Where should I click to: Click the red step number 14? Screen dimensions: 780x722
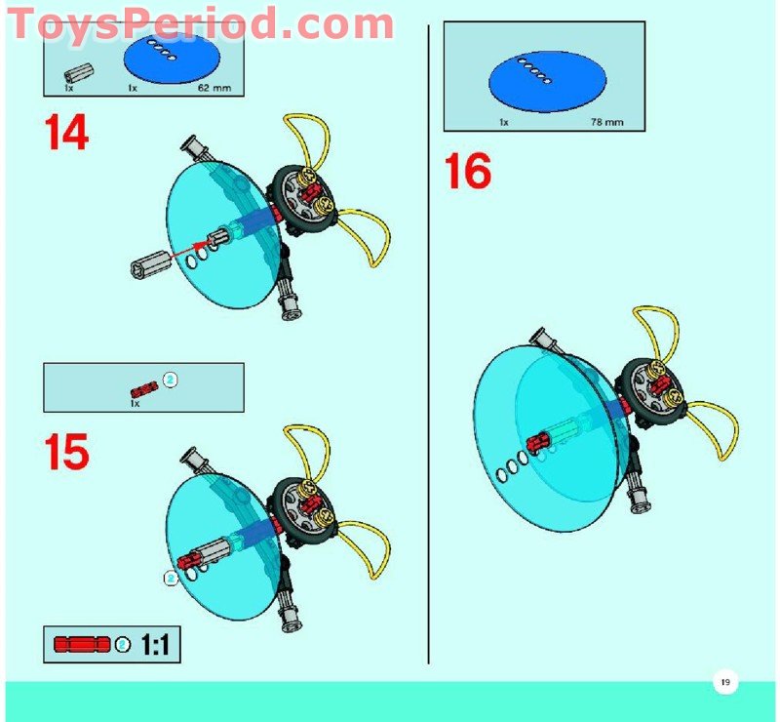point(66,132)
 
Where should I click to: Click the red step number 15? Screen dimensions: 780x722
point(66,452)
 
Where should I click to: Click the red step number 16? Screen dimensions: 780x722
point(468,172)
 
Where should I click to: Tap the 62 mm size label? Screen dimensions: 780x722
point(214,88)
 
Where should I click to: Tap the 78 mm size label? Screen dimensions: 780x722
point(606,122)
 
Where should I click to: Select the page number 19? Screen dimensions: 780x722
point(725,682)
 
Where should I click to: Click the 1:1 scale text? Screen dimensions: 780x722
point(155,645)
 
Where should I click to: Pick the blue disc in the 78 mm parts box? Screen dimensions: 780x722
point(547,82)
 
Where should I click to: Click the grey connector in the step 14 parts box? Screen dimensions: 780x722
point(79,74)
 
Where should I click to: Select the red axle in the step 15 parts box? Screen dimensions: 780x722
point(144,388)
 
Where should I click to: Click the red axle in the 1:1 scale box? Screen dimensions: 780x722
point(82,644)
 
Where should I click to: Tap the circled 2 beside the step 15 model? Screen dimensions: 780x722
point(171,579)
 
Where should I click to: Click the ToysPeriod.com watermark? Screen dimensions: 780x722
point(201,22)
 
